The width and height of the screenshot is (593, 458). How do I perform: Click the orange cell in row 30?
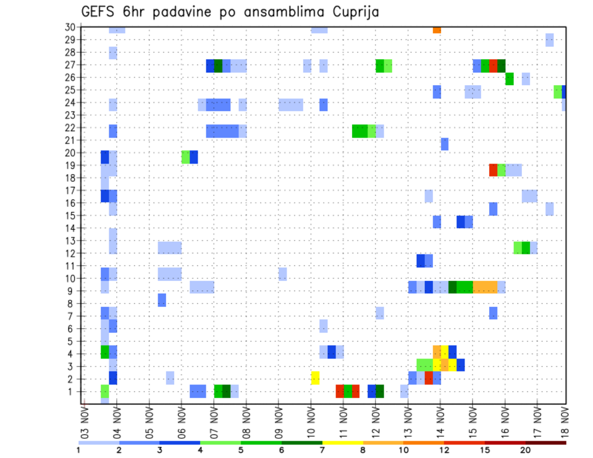pyautogui.click(x=437, y=30)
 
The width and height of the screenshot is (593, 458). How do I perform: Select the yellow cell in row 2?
pyautogui.click(x=315, y=378)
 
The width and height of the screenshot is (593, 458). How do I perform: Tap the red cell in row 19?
pyautogui.click(x=493, y=170)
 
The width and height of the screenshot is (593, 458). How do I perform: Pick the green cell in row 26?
pyautogui.click(x=510, y=78)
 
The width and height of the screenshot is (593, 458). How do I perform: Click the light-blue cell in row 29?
pyautogui.click(x=549, y=40)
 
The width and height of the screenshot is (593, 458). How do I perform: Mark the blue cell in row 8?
pyautogui.click(x=162, y=300)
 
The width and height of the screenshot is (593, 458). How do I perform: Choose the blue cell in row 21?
pyautogui.click(x=445, y=144)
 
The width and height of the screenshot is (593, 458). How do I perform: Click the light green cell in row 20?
pyautogui.click(x=185, y=157)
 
